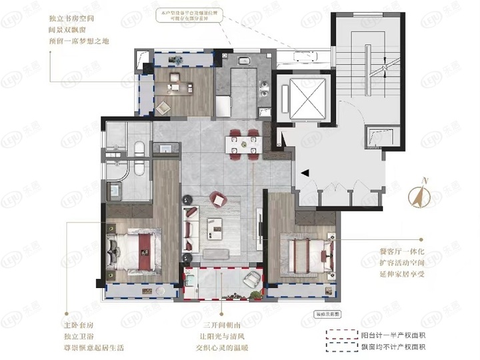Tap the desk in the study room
click(179, 84)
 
